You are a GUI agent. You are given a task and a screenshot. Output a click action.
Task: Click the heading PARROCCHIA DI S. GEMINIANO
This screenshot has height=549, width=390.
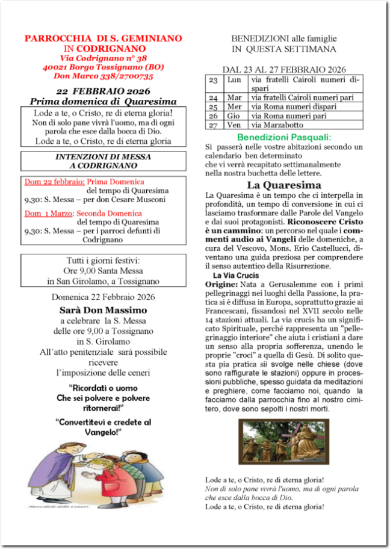coord(104,38)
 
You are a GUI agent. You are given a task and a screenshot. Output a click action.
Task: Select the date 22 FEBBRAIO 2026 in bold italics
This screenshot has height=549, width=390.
coord(103,91)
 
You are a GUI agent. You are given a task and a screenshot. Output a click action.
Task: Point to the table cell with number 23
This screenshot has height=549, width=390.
coord(213,80)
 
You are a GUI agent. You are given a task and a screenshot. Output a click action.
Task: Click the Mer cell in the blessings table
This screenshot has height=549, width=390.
coord(234,106)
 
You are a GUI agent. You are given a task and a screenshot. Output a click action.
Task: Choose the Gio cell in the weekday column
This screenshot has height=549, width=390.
coord(234,116)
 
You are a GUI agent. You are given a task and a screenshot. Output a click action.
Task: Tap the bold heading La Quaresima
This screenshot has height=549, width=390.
coord(283,185)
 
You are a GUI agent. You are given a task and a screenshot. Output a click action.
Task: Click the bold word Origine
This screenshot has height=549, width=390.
coord(221,284)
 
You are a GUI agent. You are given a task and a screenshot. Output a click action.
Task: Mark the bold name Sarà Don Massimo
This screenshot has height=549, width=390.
coord(103,310)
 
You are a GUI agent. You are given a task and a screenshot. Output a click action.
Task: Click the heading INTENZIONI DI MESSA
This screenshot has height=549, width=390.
coord(103,157)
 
